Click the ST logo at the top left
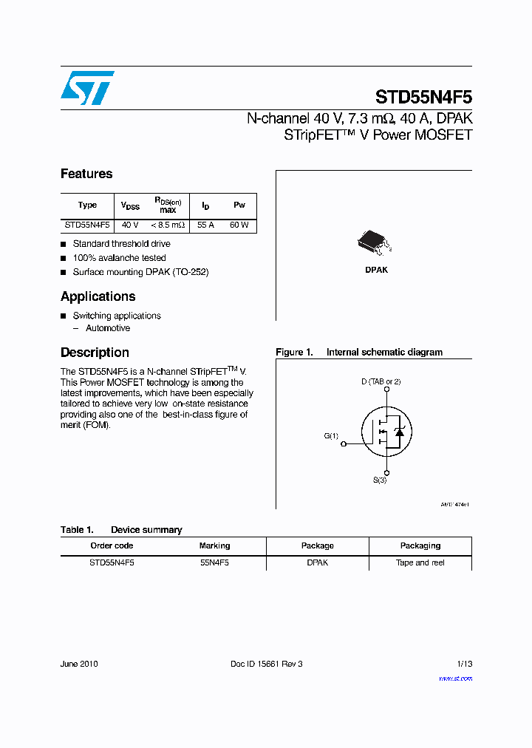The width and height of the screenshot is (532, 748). coord(87,88)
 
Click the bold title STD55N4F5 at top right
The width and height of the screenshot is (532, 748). coord(423,97)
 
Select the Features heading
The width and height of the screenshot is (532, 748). coord(86,174)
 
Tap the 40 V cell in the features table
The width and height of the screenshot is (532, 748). coord(130,225)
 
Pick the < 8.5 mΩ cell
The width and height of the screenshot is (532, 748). coord(168,225)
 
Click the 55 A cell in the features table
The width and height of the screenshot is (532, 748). coord(205,225)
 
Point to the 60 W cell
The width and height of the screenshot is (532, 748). coord(239,225)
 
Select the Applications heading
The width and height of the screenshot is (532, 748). coord(98,296)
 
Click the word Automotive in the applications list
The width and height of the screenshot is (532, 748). coord(108,328)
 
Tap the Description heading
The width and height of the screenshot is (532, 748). coord(95,353)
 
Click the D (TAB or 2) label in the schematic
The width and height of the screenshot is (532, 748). coord(381,381)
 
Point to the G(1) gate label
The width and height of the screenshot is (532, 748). coord(331,436)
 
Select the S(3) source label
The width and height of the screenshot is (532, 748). coord(379,480)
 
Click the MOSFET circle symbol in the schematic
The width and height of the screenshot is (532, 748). coord(386,436)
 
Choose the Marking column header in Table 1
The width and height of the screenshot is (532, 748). coord(214,545)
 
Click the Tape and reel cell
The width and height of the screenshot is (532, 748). coord(420,562)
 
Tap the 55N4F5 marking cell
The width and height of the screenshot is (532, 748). coord(214,562)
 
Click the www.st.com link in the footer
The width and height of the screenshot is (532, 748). coord(455,679)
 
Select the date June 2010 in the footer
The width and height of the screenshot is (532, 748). coord(79,664)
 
